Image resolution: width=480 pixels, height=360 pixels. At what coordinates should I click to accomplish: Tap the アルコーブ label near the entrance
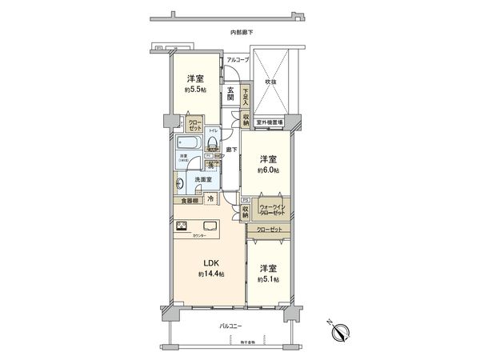click(x=238, y=61)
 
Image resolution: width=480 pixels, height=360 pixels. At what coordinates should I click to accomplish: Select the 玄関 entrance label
click(x=230, y=94)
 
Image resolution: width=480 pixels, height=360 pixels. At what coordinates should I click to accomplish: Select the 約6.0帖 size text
click(x=267, y=170)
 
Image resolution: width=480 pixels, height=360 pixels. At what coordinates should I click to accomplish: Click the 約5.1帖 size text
click(x=268, y=279)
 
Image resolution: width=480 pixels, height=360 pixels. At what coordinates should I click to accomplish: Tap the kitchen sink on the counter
click(x=211, y=225)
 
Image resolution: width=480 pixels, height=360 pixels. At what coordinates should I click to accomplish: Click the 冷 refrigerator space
click(x=210, y=200)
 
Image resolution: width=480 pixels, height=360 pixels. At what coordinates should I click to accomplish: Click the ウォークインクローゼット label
click(x=272, y=210)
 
